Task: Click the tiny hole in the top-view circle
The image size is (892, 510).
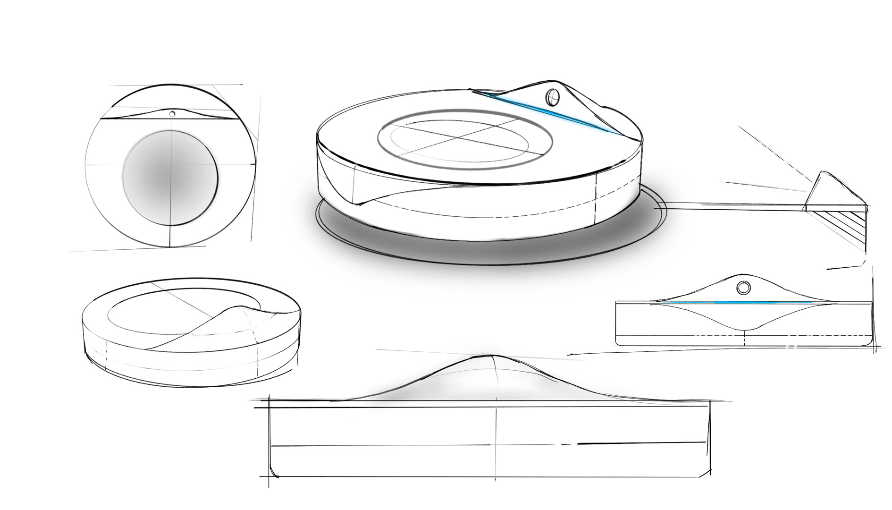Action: [172, 114]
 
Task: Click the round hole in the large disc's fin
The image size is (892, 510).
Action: [552, 97]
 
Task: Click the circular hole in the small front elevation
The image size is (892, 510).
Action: [743, 287]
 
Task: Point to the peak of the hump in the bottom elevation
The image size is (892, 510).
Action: [493, 355]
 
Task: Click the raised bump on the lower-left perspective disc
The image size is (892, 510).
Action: [241, 312]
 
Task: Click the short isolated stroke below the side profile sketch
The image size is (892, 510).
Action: [841, 268]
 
